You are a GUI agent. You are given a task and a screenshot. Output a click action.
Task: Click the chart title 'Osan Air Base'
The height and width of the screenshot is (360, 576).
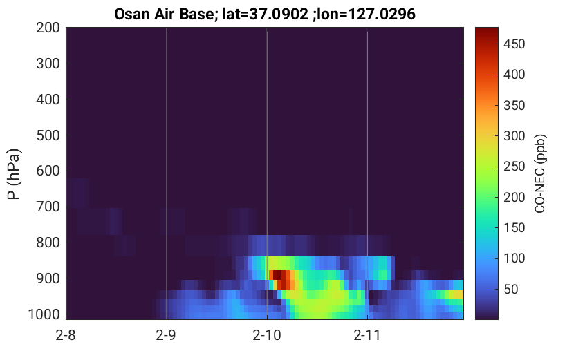click(164, 15)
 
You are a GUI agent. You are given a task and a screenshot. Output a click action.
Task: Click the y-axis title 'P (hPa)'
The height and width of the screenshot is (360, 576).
click(14, 174)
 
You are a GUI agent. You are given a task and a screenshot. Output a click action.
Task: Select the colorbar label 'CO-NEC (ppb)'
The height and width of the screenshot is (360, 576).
click(539, 173)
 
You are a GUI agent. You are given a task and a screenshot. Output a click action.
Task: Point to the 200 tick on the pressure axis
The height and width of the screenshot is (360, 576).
click(48, 28)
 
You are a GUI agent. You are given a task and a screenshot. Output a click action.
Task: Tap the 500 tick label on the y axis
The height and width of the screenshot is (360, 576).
click(48, 135)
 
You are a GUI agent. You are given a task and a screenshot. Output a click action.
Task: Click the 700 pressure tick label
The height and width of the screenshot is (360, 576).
click(48, 207)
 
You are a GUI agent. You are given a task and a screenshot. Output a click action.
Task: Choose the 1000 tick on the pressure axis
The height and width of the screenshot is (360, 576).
click(44, 314)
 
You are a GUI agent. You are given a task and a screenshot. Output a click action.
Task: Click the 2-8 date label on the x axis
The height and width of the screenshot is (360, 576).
click(66, 335)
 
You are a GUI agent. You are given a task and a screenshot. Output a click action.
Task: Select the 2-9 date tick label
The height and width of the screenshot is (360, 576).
click(166, 335)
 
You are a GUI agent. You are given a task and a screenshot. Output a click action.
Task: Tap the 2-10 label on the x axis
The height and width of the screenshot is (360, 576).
click(267, 335)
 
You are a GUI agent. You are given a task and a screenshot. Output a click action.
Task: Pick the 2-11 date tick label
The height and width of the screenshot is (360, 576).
click(367, 335)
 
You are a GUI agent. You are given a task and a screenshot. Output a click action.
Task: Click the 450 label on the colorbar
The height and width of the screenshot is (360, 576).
click(514, 44)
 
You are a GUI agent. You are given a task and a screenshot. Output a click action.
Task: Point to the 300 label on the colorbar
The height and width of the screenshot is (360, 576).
click(514, 136)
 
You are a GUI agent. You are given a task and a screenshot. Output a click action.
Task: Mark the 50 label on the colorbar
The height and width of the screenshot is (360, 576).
click(510, 289)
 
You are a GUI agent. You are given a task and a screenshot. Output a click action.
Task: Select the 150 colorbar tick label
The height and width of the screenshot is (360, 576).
click(514, 228)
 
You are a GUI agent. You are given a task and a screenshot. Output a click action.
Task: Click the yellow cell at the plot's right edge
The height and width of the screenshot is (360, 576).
click(457, 294)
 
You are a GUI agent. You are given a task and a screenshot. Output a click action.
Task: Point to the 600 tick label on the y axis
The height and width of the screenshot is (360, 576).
click(48, 171)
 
